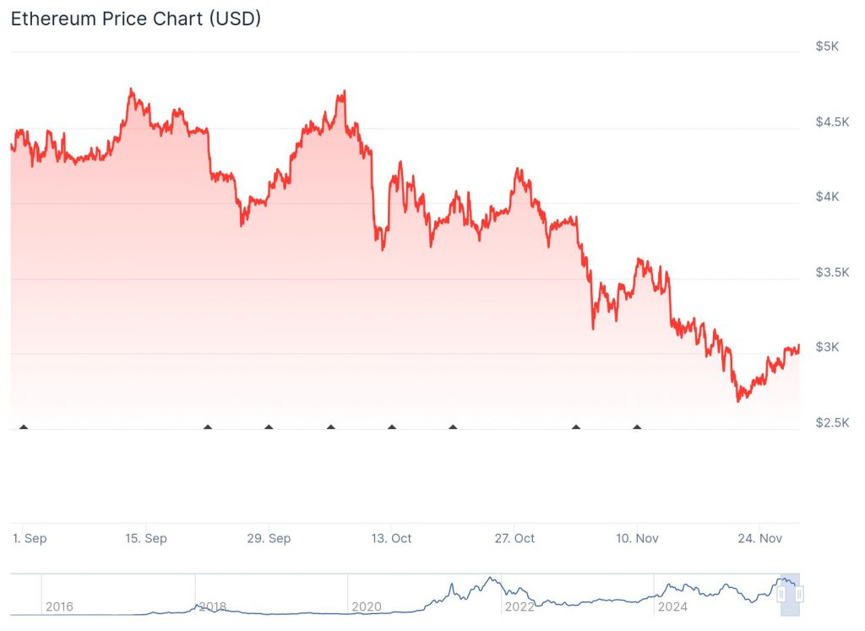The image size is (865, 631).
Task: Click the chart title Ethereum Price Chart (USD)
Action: [x=135, y=19]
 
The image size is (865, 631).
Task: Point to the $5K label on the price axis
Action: [x=827, y=46]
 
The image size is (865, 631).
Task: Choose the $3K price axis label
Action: [x=827, y=347]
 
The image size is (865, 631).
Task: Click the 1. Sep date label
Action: [x=30, y=538]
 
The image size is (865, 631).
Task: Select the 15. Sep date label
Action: [x=145, y=538]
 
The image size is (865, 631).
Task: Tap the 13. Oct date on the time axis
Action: [x=391, y=538]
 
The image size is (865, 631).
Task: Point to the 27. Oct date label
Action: [x=514, y=538]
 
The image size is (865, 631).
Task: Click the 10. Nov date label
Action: [x=638, y=538]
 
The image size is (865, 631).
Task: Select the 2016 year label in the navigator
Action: [x=59, y=607]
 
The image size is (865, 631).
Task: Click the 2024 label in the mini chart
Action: [x=672, y=607]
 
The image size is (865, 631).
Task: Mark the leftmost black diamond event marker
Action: [x=24, y=427]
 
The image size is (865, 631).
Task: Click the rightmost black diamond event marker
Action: [x=637, y=427]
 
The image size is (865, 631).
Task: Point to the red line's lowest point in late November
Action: [x=738, y=400]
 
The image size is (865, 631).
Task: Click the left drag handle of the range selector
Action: [x=781, y=595]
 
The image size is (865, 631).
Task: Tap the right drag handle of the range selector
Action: [x=799, y=595]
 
